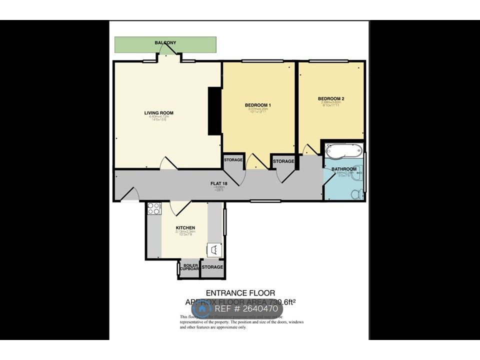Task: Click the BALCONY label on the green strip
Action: tap(165, 43)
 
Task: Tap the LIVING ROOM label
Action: tap(159, 113)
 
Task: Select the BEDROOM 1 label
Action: tap(257, 104)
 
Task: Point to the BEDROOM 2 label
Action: tap(331, 98)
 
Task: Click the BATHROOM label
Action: tap(344, 169)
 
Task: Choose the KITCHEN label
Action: tap(185, 228)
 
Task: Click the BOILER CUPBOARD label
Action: tap(190, 267)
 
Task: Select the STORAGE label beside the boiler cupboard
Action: tap(212, 267)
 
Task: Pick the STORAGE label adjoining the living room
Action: tap(233, 160)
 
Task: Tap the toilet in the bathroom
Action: tap(356, 193)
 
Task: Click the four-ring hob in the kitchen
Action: tap(153, 208)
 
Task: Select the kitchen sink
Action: tap(214, 248)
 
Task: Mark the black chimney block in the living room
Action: tap(214, 111)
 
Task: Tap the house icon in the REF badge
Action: tap(202, 309)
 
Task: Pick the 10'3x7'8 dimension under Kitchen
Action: tap(185, 234)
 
